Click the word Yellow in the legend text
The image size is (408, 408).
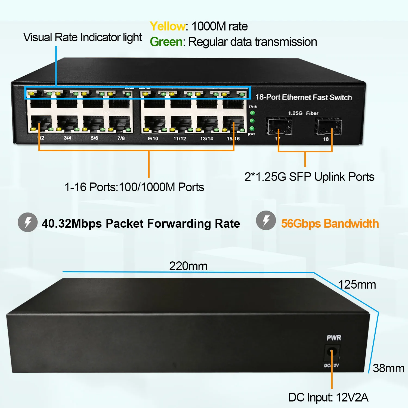pos(168,27)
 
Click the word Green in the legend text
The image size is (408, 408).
pos(166,42)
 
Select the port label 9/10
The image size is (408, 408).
pos(153,139)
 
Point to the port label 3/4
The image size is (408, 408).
pos(67,138)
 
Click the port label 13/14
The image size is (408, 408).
pos(206,139)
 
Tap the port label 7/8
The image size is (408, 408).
pos(121,138)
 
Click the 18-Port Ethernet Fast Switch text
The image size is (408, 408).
pos(304,97)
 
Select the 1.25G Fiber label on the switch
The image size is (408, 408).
pos(303,113)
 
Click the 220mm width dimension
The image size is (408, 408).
pos(188,266)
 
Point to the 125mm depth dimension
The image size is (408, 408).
pos(357,285)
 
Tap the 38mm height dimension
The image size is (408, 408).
pos(388,368)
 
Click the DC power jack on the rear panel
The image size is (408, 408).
pos(332,352)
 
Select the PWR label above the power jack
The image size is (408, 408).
pos(334,338)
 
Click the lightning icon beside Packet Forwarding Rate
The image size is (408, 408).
pos(27,222)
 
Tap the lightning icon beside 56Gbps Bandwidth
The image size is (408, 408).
pos(266,220)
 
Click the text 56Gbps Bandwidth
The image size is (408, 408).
pos(330,224)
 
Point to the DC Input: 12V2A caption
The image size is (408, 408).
pos(328,397)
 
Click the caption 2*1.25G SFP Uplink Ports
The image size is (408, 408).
pos(309,177)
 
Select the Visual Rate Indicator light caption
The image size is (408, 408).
pos(82,38)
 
